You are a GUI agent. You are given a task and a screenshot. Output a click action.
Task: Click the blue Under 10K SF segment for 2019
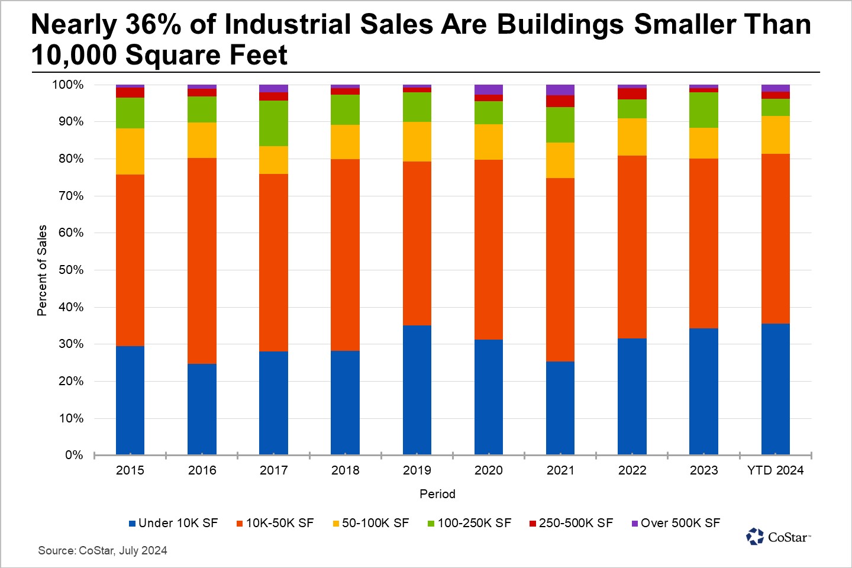(x=417, y=390)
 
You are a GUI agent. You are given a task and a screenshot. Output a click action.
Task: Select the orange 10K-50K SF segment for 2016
(x=202, y=260)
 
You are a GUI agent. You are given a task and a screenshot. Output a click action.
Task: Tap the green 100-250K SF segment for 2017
(x=273, y=123)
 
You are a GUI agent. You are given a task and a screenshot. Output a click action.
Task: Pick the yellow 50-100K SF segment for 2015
(x=130, y=151)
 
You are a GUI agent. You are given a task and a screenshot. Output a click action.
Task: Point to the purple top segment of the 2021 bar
(x=560, y=90)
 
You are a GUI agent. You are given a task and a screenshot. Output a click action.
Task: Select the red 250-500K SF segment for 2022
(x=632, y=93)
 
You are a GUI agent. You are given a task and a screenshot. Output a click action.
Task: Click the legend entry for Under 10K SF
(x=173, y=523)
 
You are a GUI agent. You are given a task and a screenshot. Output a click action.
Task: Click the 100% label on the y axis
(x=68, y=85)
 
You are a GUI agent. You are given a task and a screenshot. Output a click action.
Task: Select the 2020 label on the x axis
(x=489, y=470)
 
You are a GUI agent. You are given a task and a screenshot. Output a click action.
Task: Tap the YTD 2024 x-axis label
(x=775, y=470)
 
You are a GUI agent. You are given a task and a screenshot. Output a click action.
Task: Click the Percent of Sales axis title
(x=42, y=270)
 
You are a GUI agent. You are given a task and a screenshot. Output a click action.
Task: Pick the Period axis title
(x=437, y=494)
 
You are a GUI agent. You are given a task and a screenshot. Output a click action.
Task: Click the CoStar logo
(x=778, y=537)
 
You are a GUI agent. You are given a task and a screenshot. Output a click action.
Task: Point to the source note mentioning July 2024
(x=103, y=551)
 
